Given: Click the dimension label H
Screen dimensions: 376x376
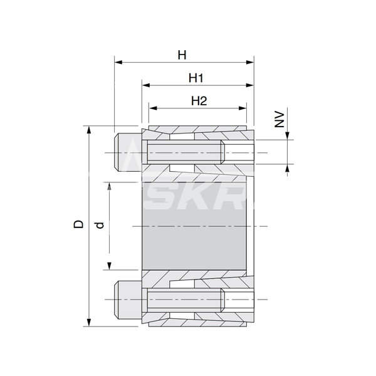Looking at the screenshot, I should (182, 55).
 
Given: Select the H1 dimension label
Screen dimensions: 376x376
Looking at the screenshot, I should (197, 78).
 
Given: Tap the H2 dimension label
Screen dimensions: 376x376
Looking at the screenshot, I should (199, 101).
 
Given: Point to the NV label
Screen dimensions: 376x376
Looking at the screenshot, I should (281, 119).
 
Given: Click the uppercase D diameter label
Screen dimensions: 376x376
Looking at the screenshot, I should (78, 224).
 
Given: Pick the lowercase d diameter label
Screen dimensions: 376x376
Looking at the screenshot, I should (100, 224).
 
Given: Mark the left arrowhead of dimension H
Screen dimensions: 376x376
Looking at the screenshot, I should (117, 62).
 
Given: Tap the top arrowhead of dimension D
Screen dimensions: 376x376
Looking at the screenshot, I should (89, 129).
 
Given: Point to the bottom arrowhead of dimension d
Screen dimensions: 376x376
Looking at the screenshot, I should (110, 266).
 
